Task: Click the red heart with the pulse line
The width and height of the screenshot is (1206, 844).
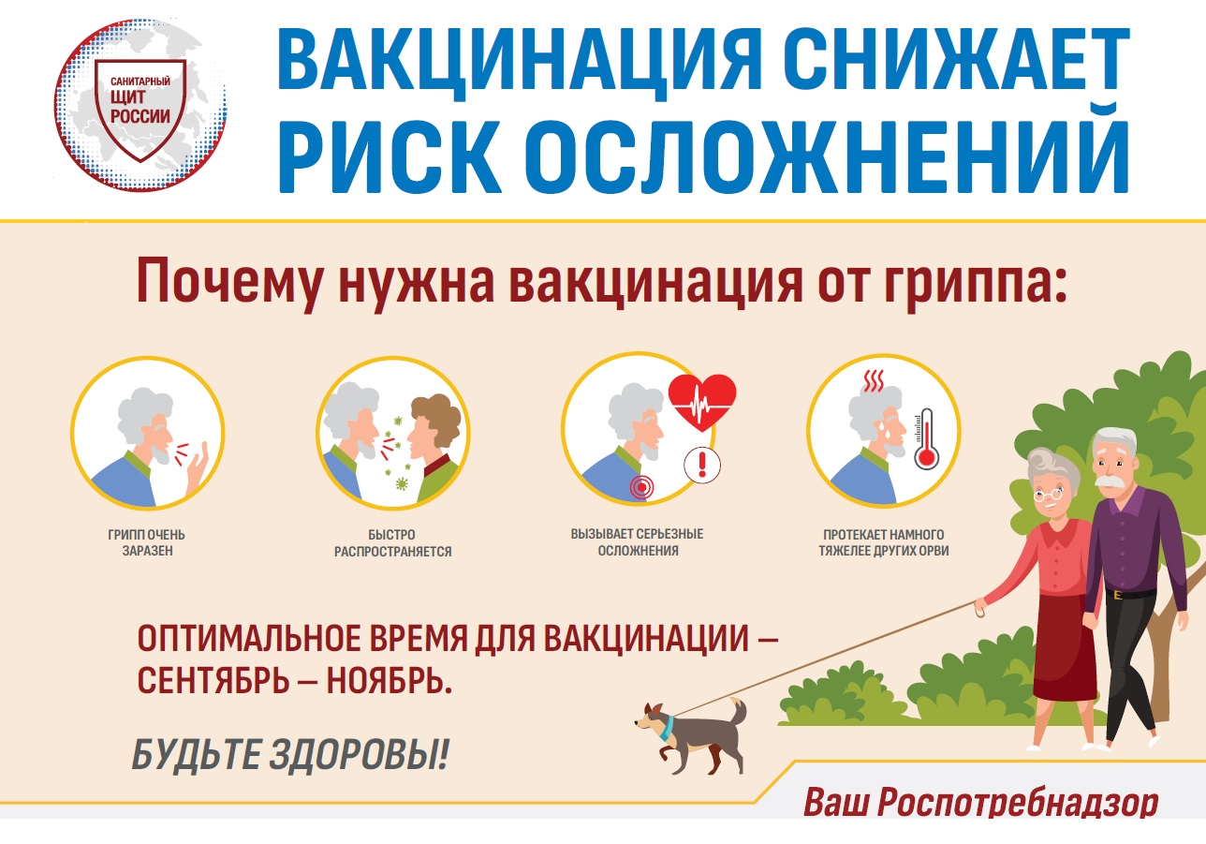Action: coord(702,402)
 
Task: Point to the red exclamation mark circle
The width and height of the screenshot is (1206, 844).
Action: coord(702,465)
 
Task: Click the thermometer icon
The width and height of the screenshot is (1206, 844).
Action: coord(927,439)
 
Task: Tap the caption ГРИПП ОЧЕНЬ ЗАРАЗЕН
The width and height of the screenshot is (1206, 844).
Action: coord(146,542)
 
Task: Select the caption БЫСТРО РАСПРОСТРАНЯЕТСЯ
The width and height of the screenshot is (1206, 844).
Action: coord(392,543)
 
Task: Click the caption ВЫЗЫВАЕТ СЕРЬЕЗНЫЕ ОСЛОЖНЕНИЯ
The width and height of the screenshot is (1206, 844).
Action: coord(638,542)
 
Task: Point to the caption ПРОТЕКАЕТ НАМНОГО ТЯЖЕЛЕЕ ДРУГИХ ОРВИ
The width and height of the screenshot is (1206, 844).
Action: coord(884,542)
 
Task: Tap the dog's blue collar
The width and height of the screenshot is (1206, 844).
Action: coord(669,727)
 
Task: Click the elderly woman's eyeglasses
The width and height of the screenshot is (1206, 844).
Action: coord(1047,494)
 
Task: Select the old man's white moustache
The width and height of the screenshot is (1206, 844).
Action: coord(1110,481)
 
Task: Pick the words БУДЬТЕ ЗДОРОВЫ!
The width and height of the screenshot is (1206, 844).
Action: coord(290,755)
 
